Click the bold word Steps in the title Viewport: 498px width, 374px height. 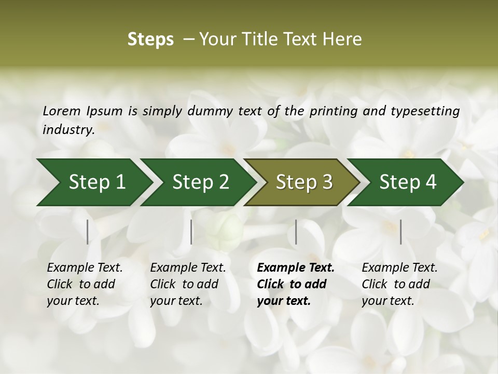click(x=150, y=39)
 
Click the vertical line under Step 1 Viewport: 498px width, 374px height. click(x=88, y=232)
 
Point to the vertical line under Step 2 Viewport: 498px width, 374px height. click(x=191, y=232)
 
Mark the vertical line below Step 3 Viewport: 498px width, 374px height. click(x=296, y=232)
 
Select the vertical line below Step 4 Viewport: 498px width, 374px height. click(x=401, y=232)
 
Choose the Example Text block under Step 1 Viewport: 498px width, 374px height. click(x=85, y=284)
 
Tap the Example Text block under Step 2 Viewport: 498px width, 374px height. click(x=188, y=284)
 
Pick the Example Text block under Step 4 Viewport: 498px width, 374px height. click(x=399, y=284)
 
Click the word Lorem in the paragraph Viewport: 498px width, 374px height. click(x=62, y=111)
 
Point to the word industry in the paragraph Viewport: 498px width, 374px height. click(x=68, y=129)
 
